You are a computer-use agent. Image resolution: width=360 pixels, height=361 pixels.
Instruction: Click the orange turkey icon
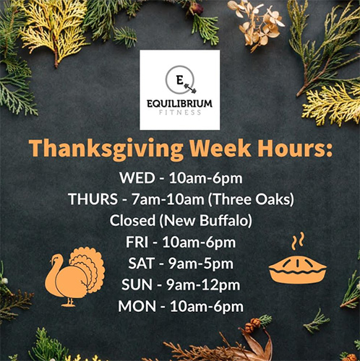coord(74,277)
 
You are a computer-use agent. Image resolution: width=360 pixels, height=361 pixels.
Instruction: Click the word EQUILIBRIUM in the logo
coord(180,104)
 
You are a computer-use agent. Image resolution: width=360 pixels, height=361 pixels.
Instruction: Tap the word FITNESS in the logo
coord(180,113)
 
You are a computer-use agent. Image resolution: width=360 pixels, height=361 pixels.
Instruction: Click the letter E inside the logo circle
coord(179,80)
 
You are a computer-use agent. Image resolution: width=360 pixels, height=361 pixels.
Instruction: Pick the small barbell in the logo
coord(190,88)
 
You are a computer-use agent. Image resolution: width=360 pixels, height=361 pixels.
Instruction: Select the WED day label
coord(137,178)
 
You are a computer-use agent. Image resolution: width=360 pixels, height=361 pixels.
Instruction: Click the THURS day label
coord(93,199)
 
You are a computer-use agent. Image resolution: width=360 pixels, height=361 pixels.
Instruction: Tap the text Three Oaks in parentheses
coord(251,199)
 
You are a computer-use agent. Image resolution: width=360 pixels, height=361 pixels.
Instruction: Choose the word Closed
coord(132,220)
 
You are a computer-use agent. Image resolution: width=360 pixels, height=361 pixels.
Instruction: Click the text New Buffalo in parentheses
coord(205,220)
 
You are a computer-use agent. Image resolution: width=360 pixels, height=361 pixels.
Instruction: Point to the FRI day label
coord(137,242)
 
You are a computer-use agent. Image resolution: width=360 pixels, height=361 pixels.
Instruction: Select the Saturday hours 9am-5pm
coord(201,264)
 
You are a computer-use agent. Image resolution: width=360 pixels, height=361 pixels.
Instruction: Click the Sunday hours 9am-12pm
coord(203,285)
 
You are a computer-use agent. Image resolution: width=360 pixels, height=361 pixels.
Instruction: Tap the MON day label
coord(137,306)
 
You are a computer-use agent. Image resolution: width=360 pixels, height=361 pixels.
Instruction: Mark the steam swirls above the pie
coord(298,241)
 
